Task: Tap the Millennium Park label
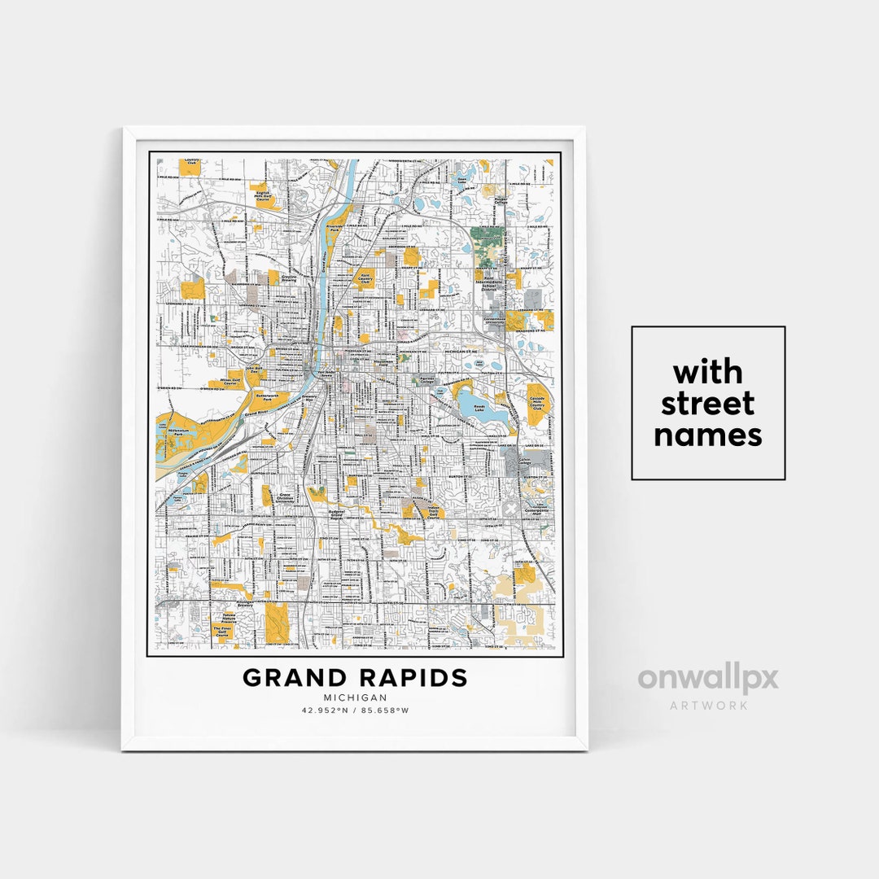(x=179, y=432)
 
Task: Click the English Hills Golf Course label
(x=263, y=196)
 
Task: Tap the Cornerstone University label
(x=495, y=321)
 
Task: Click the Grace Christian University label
(x=286, y=498)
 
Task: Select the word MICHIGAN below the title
(x=355, y=698)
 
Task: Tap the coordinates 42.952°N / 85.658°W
(x=355, y=710)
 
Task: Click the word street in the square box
(x=707, y=404)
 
